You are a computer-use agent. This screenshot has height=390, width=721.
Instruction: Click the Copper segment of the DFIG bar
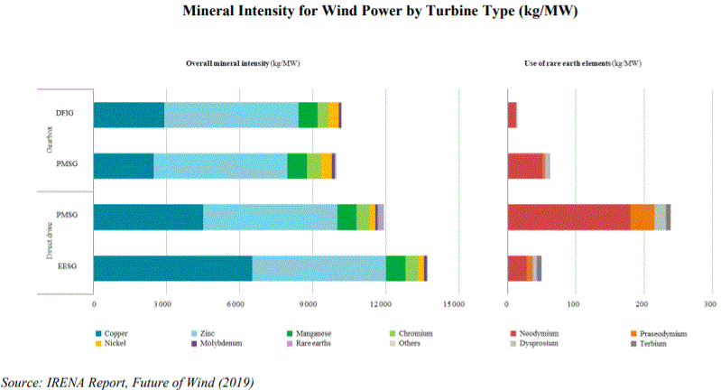click(129, 115)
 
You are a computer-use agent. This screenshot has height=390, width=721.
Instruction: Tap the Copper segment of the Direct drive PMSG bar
click(148, 218)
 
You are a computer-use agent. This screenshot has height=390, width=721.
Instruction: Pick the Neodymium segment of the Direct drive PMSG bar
click(568, 218)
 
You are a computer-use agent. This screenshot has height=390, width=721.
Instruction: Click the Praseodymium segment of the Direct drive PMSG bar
click(642, 218)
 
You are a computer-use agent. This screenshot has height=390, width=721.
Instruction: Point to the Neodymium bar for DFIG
click(512, 115)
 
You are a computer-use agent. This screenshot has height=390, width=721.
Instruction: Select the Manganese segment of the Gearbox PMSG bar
click(297, 166)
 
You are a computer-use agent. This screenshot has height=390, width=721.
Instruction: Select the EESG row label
click(68, 269)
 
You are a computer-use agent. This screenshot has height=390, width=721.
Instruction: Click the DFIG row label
click(64, 115)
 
